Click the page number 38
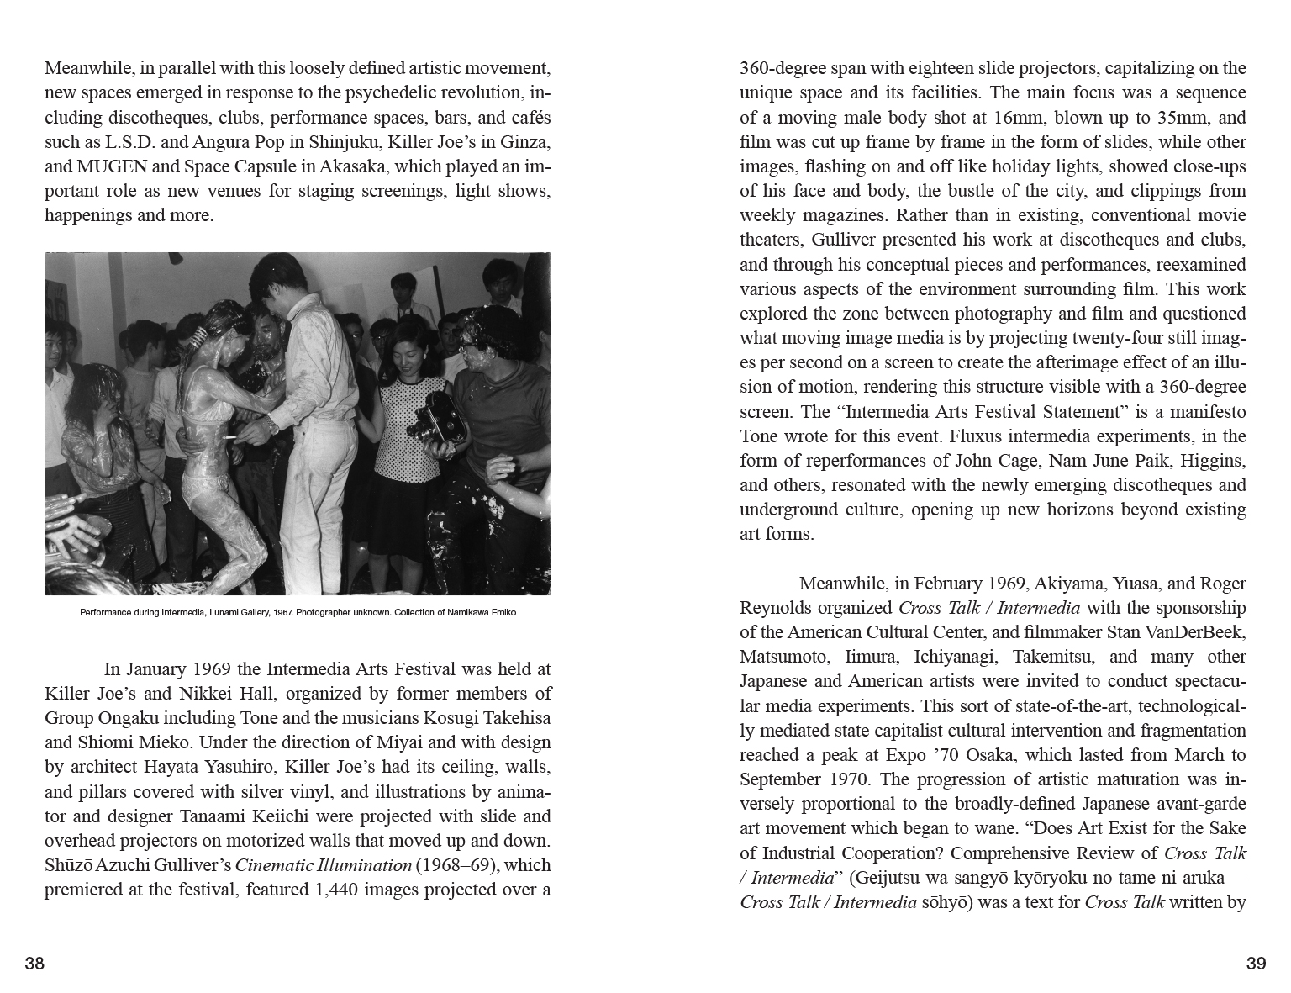coord(34,964)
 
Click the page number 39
coord(1256,964)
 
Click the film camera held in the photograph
coord(435,418)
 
